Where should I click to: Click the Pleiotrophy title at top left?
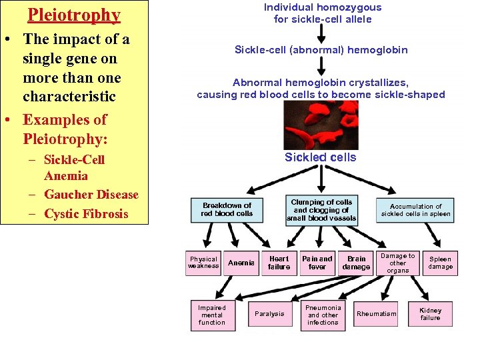click(74, 15)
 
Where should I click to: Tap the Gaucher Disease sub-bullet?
click(91, 195)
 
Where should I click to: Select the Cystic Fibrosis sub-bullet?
click(85, 214)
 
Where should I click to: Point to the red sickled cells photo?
click(321, 125)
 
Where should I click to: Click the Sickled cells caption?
click(321, 158)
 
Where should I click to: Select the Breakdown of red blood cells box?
click(227, 209)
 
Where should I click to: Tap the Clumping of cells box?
click(321, 209)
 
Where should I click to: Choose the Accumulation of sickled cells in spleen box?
click(415, 210)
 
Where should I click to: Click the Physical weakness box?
click(203, 263)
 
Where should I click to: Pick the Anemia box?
click(241, 263)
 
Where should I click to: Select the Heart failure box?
click(279, 263)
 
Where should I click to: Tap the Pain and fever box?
click(317, 263)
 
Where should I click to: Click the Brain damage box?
click(356, 263)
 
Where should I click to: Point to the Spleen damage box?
click(440, 263)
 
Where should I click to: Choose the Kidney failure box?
click(430, 314)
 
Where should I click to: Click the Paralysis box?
click(269, 314)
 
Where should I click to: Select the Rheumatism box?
click(376, 314)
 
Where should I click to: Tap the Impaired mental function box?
click(212, 315)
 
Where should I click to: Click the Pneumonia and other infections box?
click(323, 315)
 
